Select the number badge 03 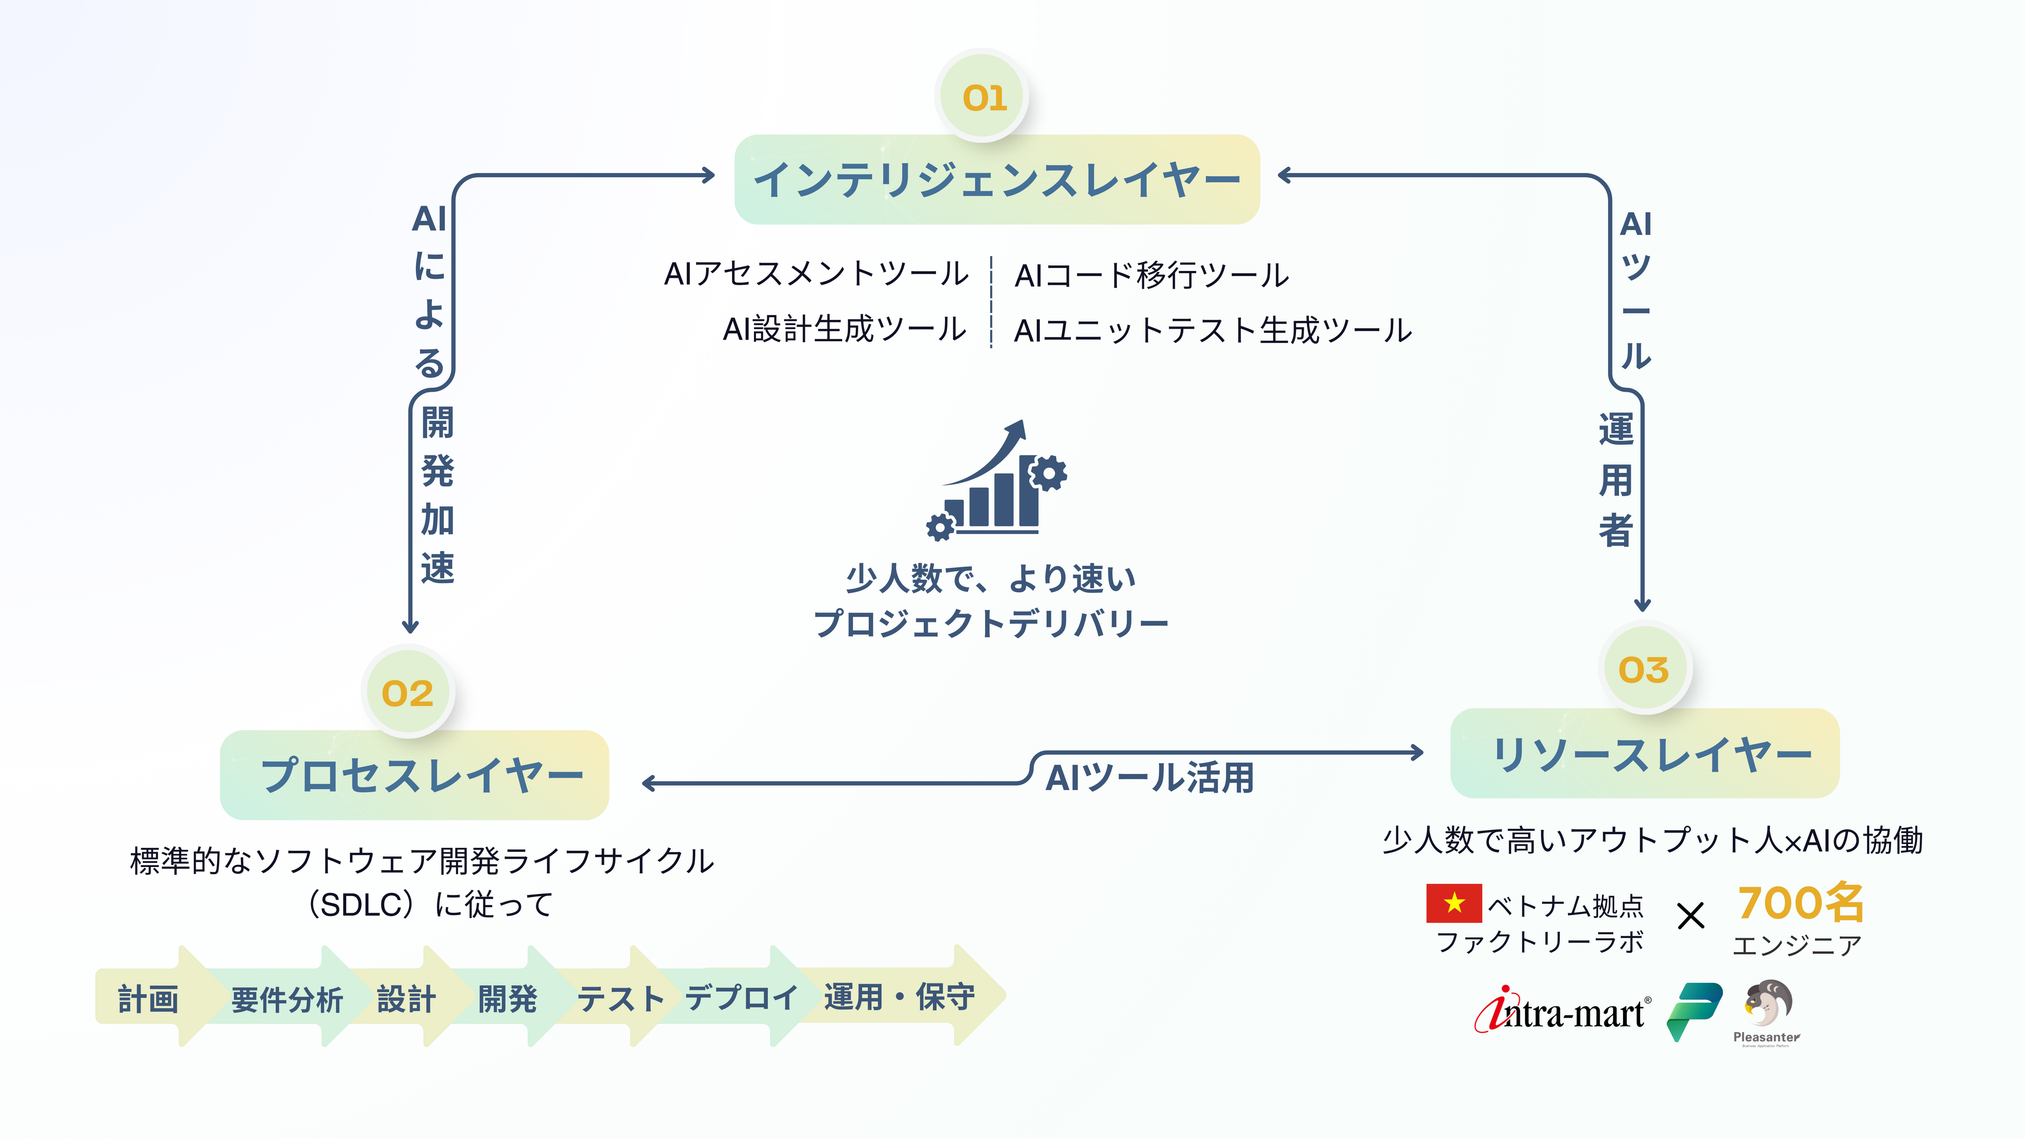point(1643,670)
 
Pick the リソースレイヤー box point(1644,754)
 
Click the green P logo point(1695,1012)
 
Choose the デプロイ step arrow point(740,997)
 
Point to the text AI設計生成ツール point(844,329)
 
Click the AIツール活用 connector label point(1149,777)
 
